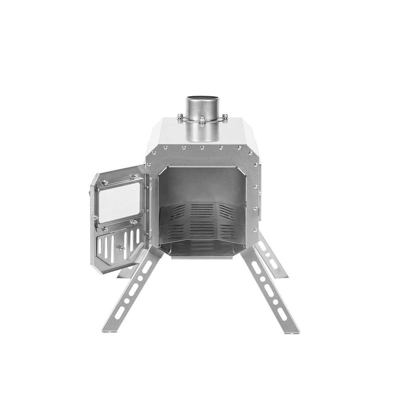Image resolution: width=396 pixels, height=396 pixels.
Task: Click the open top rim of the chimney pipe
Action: point(202,97)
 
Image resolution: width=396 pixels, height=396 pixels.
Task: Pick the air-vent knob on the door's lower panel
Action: point(121,247)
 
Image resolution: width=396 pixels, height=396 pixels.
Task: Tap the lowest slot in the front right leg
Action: point(282,314)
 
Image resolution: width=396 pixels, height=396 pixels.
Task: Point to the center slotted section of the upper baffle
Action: point(202,210)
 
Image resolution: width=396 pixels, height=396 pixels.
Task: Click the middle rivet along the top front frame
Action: point(202,148)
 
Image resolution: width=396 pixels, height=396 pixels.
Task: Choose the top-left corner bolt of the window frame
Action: point(105,182)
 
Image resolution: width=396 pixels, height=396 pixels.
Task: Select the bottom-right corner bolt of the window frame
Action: point(135,221)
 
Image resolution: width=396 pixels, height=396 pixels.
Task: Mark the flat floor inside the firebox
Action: point(202,247)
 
